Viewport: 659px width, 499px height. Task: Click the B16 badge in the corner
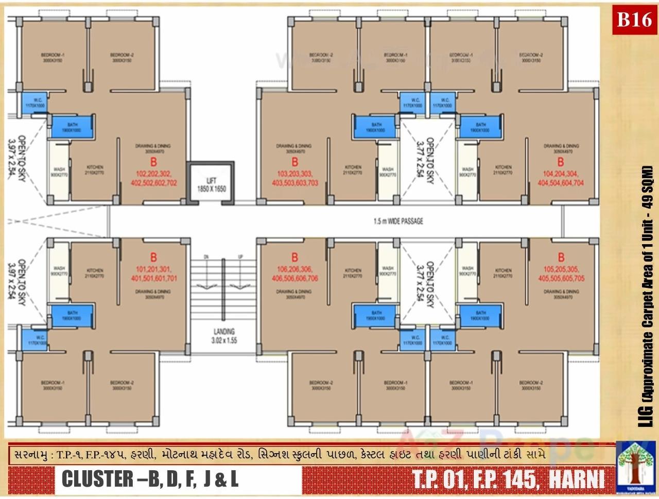pos(634,20)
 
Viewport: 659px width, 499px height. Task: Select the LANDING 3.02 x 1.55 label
pos(223,336)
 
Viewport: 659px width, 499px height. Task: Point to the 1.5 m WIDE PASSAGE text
pos(398,221)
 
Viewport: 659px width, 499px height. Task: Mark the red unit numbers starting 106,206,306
pos(297,274)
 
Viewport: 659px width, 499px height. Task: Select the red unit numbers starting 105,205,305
pos(561,274)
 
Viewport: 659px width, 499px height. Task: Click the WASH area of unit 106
pos(388,271)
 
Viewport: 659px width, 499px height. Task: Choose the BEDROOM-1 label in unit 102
pos(53,57)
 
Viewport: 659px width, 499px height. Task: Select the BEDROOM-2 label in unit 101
pos(122,386)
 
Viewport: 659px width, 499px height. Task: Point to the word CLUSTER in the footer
pos(91,479)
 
